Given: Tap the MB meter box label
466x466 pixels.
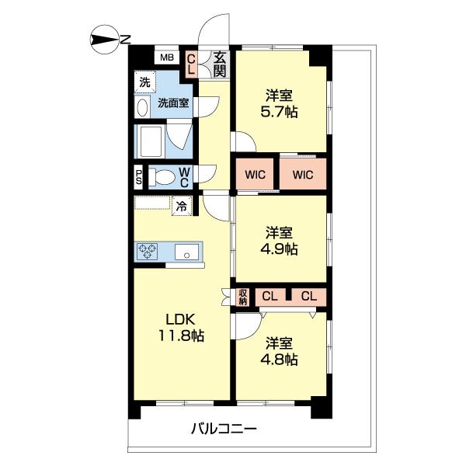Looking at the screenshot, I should pos(165,57).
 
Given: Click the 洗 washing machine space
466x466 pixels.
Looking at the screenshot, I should pos(144,82).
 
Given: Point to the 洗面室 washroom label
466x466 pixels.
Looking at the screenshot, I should pos(173,103).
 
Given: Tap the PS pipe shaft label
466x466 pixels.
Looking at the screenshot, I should pos(138,177).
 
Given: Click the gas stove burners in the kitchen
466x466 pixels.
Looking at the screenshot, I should pos(148,252).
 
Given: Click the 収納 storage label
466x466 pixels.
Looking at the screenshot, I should pos(242,297).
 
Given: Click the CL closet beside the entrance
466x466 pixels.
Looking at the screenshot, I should pos(191,64).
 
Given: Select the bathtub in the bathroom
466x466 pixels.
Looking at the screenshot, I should pos(151,141).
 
